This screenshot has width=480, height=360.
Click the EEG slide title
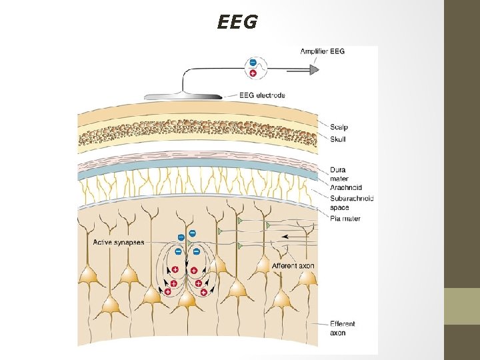(237, 23)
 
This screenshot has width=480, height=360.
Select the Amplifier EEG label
(322, 51)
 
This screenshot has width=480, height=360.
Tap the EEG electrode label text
(262, 95)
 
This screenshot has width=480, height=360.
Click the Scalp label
(339, 127)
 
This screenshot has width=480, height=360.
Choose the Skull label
(337, 139)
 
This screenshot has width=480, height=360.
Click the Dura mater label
(338, 174)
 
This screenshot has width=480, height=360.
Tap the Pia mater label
(345, 218)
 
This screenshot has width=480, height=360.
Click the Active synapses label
(118, 242)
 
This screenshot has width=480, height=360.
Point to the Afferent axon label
(293, 266)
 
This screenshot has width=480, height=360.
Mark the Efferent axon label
(342, 328)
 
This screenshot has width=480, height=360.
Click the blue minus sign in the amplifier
(252, 63)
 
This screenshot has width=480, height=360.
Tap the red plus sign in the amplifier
(252, 72)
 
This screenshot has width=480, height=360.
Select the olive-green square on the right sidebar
(462, 306)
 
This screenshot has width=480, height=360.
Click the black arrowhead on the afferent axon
(285, 236)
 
